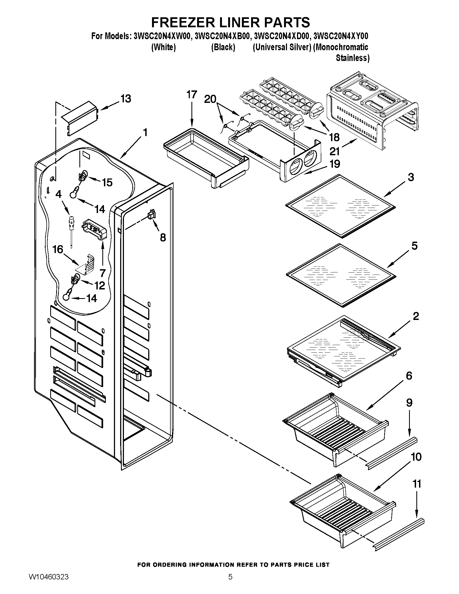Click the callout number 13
click(x=126, y=99)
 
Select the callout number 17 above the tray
click(x=191, y=95)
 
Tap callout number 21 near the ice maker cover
click(x=334, y=151)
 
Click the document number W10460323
click(x=48, y=583)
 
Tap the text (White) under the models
click(x=163, y=47)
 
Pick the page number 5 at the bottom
click(x=230, y=583)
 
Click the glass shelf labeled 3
click(x=341, y=206)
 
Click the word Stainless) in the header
click(x=352, y=58)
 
